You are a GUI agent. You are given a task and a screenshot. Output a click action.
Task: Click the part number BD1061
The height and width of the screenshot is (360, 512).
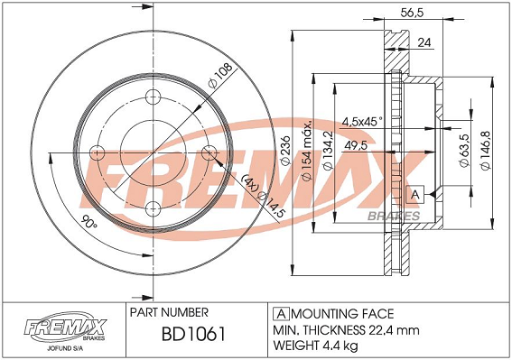193,334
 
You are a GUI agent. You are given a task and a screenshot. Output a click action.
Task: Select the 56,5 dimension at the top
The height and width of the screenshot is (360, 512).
412,13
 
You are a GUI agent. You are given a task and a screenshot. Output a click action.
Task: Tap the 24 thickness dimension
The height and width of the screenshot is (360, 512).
424,42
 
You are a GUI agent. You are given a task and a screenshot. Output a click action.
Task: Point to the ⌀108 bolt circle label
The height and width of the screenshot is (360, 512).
220,75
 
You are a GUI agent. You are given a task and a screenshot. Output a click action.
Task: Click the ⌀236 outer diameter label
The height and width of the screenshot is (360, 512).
285,151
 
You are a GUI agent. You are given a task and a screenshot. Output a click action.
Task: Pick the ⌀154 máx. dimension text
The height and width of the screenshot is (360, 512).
307,151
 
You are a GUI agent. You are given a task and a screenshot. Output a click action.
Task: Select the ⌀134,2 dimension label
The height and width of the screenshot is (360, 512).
328,151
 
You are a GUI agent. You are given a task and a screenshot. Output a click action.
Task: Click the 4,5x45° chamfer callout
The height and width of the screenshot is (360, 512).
362,122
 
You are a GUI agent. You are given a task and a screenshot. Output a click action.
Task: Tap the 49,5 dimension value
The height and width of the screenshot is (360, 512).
356,145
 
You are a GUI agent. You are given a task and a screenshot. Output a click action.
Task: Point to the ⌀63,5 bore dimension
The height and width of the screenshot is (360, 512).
465,151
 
